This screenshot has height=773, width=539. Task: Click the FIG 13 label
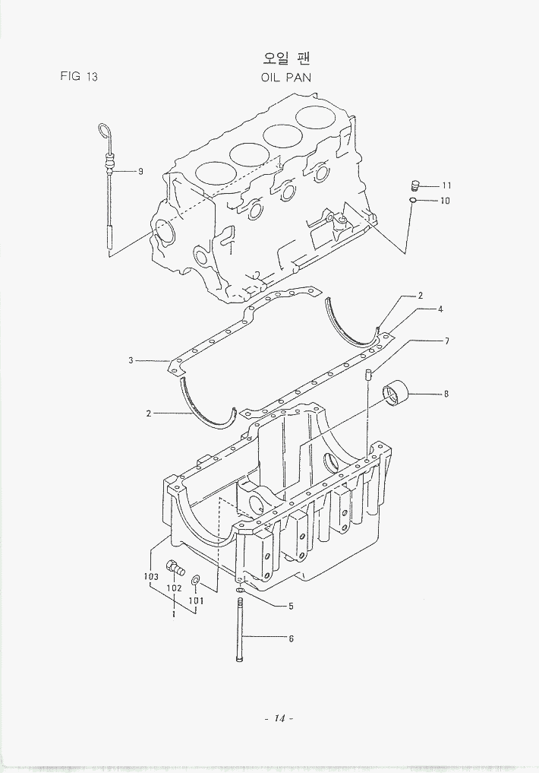coord(78,76)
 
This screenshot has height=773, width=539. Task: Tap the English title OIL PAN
coord(285,77)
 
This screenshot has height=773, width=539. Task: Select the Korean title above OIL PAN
coord(286,58)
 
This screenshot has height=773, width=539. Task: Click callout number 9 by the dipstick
coord(140,171)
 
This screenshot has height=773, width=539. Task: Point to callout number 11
coord(446,185)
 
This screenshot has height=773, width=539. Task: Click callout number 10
coord(446,201)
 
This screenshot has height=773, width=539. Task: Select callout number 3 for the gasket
coord(131,360)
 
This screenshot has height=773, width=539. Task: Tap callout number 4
coord(440,309)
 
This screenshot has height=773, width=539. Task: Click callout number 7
coord(446,341)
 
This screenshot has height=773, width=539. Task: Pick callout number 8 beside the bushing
coord(446,394)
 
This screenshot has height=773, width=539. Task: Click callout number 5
coord(290,606)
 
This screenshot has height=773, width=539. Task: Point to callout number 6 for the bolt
coord(290,638)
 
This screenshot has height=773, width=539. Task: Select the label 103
coord(151,577)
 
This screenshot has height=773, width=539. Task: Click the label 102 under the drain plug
coord(173,588)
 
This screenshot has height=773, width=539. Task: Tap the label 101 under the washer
coord(197,600)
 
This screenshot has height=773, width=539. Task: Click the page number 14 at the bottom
coord(279,718)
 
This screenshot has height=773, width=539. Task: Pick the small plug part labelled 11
coord(414,185)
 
